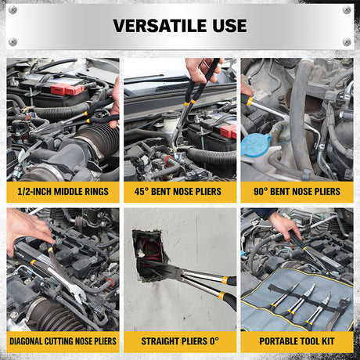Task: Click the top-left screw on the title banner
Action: pos(13,10)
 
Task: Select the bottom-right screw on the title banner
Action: pos(347,41)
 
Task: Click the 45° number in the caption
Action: pos(142,192)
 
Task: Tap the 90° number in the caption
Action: pos(261,192)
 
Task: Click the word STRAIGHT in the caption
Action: pos(160,341)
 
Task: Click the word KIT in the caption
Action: pos(328,341)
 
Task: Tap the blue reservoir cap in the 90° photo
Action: pos(256,145)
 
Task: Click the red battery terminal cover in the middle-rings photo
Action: pos(67,89)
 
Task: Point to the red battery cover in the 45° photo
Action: pos(229,131)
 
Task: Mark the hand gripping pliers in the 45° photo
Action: pos(202,70)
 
